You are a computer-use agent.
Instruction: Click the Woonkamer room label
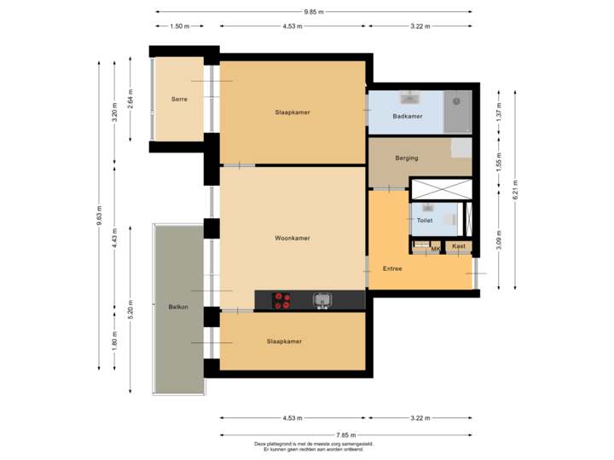pos(292,239)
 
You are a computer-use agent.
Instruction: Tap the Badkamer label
pos(407,117)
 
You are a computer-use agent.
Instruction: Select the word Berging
pos(407,158)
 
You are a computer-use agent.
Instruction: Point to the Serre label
pos(179,100)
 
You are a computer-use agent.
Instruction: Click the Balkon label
pos(177,307)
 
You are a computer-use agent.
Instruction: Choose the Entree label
pos(392,268)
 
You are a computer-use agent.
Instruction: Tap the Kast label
pos(459,246)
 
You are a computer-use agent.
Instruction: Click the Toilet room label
pos(424,221)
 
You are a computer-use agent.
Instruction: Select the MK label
pos(435,248)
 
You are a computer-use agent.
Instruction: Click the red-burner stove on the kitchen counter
pos(281,300)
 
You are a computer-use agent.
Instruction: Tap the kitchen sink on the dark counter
pos(322,299)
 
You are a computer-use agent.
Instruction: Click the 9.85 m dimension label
pos(313,11)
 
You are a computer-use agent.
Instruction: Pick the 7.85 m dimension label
pos(346,434)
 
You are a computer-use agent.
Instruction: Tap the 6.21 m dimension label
pos(514,194)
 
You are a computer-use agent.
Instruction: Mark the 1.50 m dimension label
pos(179,26)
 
